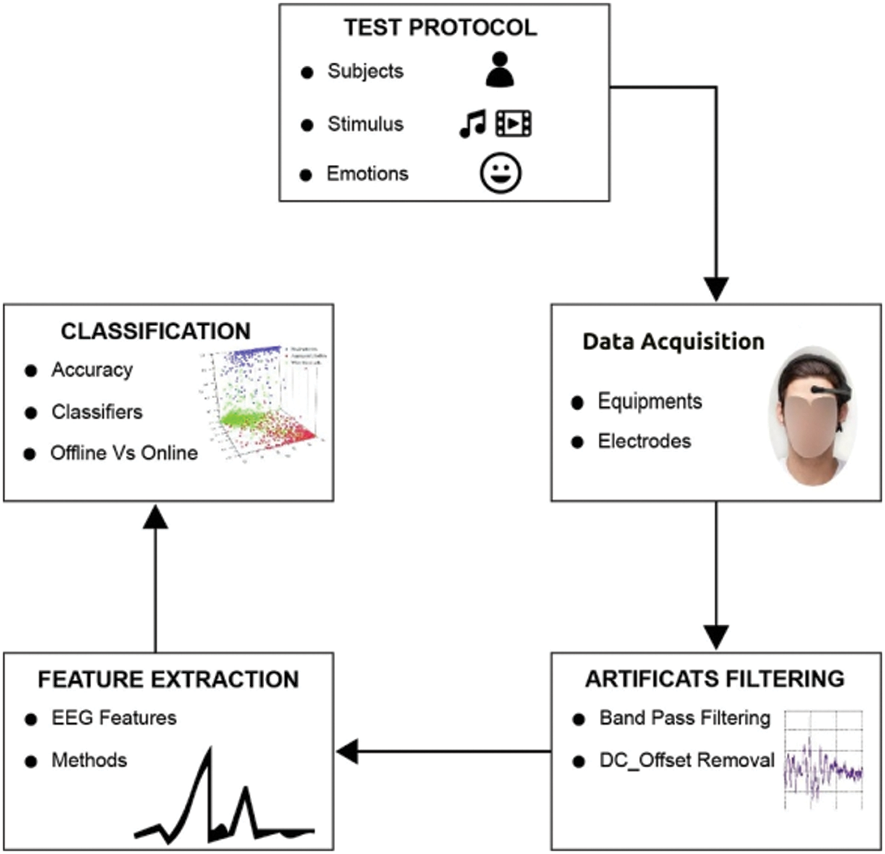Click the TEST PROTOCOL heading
[440, 28]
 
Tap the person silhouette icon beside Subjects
[499, 70]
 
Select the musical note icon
[472, 123]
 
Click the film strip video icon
[513, 123]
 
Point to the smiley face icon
[500, 173]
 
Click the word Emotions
[367, 174]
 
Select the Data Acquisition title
[673, 341]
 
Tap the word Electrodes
[644, 441]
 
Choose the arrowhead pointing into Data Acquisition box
[716, 289]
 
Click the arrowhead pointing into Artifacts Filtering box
[716, 637]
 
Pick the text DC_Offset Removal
[687, 760]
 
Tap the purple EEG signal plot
[823, 768]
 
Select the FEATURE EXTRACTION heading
[168, 680]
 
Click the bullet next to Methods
[30, 761]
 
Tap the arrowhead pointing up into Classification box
[156, 517]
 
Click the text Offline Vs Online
[124, 453]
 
